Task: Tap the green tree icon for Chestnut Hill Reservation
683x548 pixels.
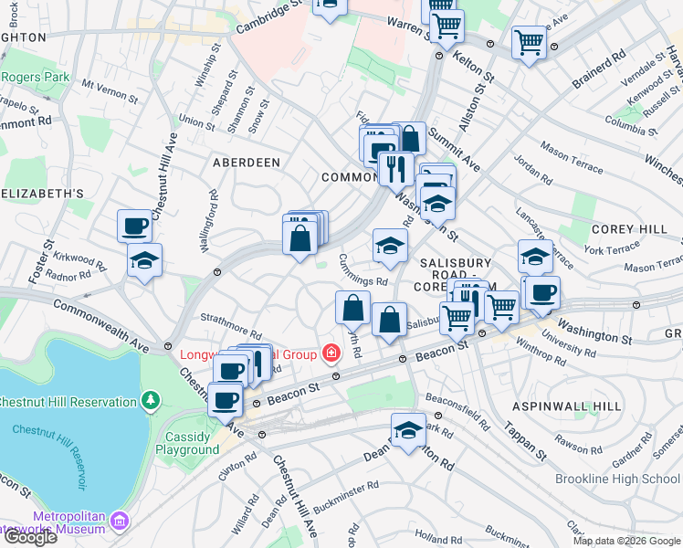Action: pos(151,400)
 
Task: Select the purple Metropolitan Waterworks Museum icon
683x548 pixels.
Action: pos(119,522)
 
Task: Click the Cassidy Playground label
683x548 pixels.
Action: pos(187,443)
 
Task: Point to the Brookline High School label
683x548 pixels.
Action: pos(617,479)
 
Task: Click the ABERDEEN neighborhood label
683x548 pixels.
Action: pos(246,162)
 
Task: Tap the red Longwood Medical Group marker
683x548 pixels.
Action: pos(330,353)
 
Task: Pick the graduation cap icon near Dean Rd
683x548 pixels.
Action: pos(408,430)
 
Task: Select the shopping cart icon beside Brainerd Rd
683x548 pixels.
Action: pos(529,42)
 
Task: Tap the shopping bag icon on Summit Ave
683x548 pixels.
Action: pos(410,139)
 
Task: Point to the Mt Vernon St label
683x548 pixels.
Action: pos(109,90)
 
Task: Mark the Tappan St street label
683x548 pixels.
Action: pos(534,444)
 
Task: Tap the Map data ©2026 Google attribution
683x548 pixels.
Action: pos(626,541)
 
